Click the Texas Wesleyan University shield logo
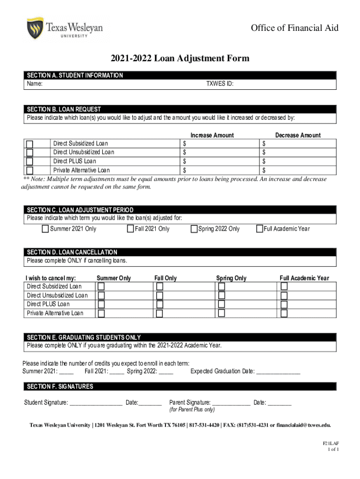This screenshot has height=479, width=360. (x=35, y=29)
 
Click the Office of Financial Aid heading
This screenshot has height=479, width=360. (x=295, y=28)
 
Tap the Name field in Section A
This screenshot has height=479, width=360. (x=117, y=84)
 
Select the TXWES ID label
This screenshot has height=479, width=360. (x=220, y=84)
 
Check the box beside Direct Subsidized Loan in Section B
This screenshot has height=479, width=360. (x=30, y=144)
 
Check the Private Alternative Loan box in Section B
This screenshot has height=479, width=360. (x=30, y=170)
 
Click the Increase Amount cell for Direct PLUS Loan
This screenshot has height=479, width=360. (x=220, y=161)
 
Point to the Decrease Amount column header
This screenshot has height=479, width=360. (x=298, y=135)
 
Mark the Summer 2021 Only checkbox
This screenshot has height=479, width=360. (x=45, y=229)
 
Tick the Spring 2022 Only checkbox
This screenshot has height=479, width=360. (x=194, y=229)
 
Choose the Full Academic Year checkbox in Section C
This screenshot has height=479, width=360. (x=259, y=229)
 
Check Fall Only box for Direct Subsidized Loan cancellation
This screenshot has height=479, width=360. (x=159, y=286)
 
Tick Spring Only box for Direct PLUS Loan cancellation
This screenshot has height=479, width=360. (x=222, y=304)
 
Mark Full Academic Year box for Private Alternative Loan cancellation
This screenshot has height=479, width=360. (x=284, y=313)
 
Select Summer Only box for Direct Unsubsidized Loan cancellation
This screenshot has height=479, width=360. (x=101, y=296)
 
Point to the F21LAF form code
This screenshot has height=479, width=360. (x=331, y=443)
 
